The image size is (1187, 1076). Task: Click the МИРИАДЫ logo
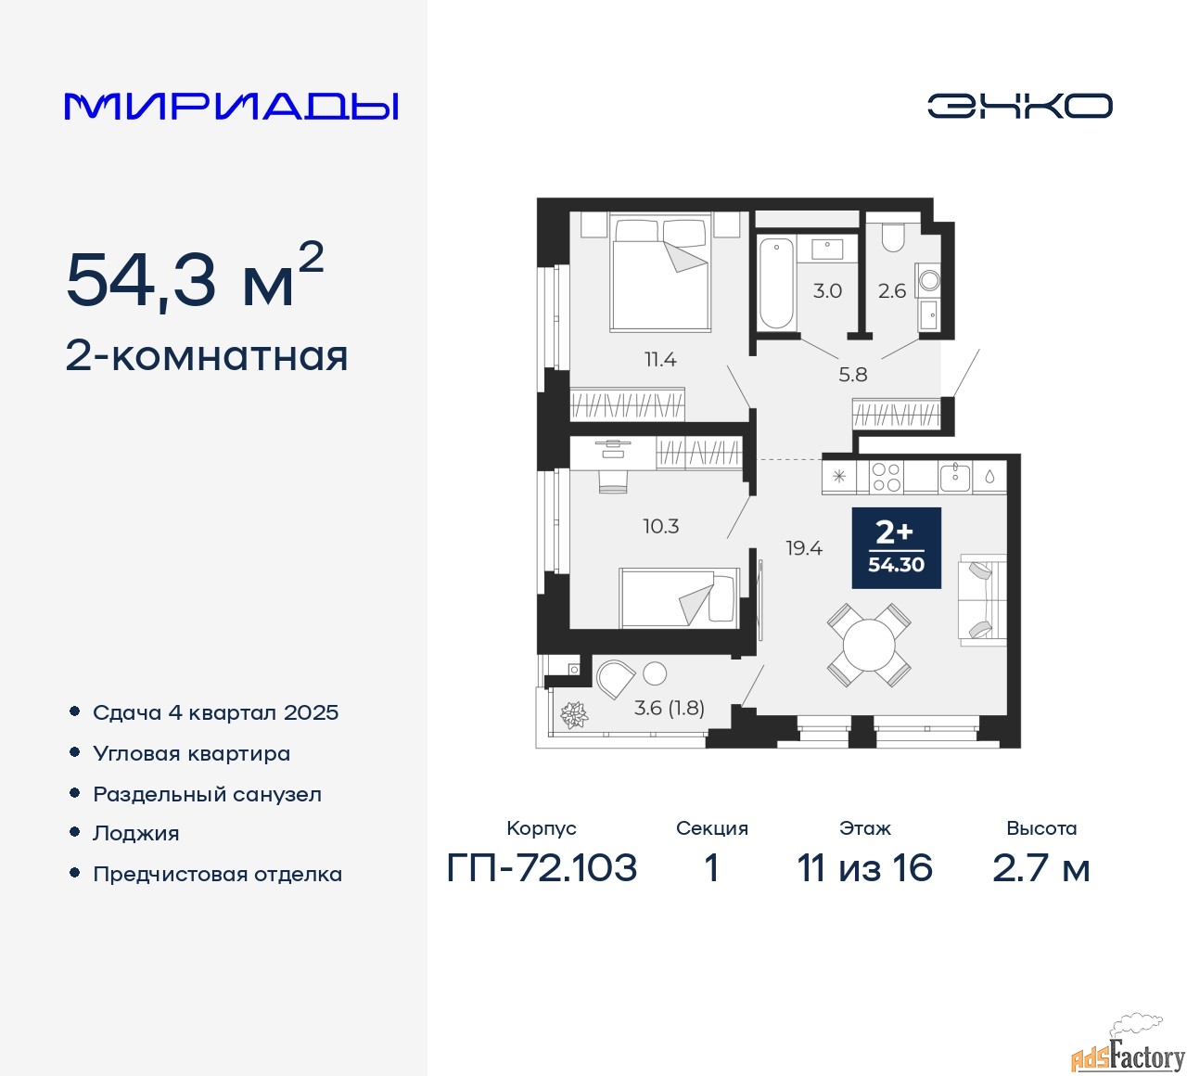click(x=232, y=107)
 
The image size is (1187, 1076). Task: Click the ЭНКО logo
click(x=1019, y=106)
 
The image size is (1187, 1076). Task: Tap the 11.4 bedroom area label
click(x=660, y=359)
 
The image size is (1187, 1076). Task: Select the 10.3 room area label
click(x=660, y=526)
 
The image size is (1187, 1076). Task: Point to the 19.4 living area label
click(x=803, y=548)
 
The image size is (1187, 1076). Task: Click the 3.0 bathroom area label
click(x=827, y=290)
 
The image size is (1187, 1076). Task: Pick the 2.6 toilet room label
click(x=891, y=291)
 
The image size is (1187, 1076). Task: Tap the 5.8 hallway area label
click(x=852, y=375)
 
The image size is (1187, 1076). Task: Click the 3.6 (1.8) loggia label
click(x=669, y=708)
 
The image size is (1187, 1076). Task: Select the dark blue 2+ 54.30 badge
click(x=896, y=547)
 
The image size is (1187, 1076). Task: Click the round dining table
click(x=869, y=645)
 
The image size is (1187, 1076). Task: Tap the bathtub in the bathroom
click(x=776, y=283)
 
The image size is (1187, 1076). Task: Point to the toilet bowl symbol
click(x=892, y=237)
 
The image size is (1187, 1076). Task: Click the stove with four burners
click(x=887, y=477)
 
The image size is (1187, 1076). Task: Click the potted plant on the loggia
click(x=574, y=715)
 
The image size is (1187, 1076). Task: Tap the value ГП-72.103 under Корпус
click(x=542, y=868)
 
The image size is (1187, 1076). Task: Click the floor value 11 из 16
click(x=864, y=868)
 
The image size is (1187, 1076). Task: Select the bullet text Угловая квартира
click(x=191, y=753)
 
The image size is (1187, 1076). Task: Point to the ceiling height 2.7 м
click(x=1040, y=868)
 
